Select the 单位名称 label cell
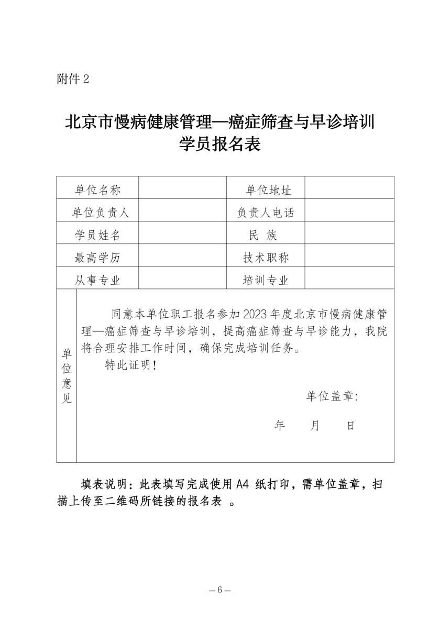pyautogui.click(x=97, y=190)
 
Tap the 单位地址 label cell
pyautogui.click(x=266, y=190)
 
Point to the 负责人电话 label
pyautogui.click(x=266, y=212)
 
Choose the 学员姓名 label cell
pyautogui.click(x=97, y=235)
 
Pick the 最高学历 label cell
pyautogui.click(x=97, y=257)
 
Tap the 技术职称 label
pyautogui.click(x=266, y=257)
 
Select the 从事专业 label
pyautogui.click(x=97, y=280)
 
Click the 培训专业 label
pyautogui.click(x=266, y=280)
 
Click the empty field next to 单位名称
pyautogui.click(x=182, y=190)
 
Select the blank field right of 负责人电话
pyautogui.click(x=349, y=212)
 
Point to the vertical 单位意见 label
pyautogui.click(x=67, y=375)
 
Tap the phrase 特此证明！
pyautogui.click(x=131, y=365)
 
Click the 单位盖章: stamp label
pyautogui.click(x=332, y=396)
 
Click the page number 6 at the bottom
pyautogui.click(x=219, y=589)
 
